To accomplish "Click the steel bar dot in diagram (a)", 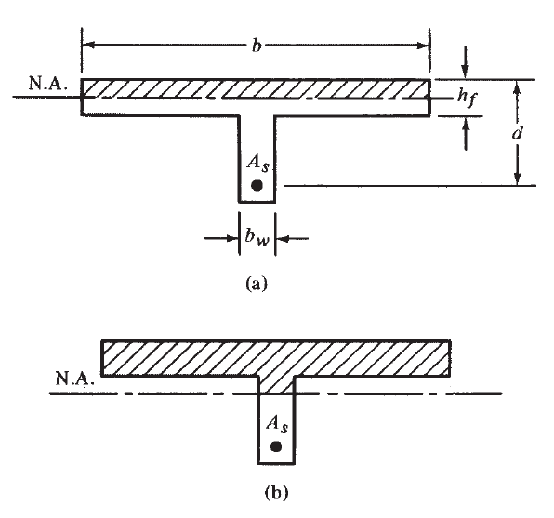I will coord(257,186).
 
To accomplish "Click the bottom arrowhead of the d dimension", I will coord(518,179).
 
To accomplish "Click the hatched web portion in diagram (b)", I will coord(275,383).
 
